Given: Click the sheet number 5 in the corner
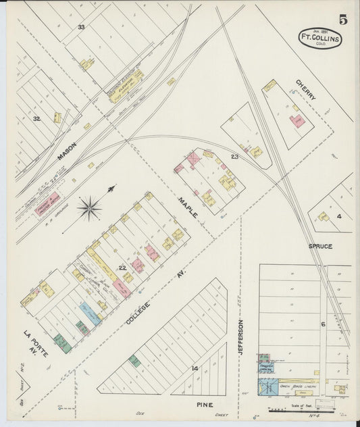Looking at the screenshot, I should pyautogui.click(x=343, y=19).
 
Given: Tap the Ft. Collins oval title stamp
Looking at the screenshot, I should pyautogui.click(x=321, y=38).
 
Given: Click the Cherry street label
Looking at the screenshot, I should pyautogui.click(x=305, y=90).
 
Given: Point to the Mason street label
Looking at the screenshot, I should pyautogui.click(x=67, y=151).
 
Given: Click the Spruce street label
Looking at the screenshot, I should pyautogui.click(x=321, y=247).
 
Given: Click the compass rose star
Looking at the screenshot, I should pyautogui.click(x=89, y=207).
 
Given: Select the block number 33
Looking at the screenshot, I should pyautogui.click(x=81, y=27).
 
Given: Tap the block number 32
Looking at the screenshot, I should pyautogui.click(x=37, y=118).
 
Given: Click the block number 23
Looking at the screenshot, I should pyautogui.click(x=234, y=156).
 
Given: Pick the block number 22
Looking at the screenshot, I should pyautogui.click(x=122, y=268).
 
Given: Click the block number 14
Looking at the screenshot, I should pyautogui.click(x=195, y=368).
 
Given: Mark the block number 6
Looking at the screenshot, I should pyautogui.click(x=323, y=324).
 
